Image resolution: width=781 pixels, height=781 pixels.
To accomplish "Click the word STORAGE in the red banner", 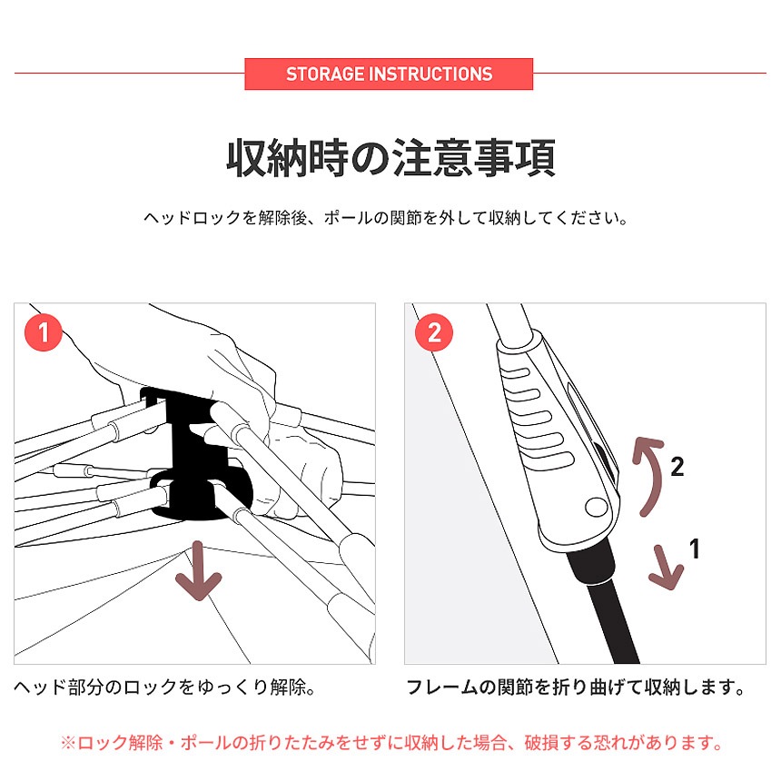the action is pos(326,74).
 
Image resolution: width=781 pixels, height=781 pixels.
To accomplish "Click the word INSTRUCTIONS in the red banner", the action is pos(430,74).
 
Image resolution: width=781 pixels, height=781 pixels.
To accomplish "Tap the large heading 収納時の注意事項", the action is pos(391,158).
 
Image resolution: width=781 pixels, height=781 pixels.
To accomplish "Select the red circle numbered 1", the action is pos(44,332).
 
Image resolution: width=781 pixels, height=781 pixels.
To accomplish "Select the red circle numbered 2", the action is pos(434,332).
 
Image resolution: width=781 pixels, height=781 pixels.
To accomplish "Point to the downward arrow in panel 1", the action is pos(198,570).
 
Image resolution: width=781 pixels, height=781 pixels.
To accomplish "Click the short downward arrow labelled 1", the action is pos(666,568).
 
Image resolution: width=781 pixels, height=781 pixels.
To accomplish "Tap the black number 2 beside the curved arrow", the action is pos(677,467).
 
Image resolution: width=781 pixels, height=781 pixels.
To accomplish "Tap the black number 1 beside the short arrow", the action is pos(696,549).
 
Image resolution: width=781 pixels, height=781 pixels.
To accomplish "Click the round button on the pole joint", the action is pos(597,507).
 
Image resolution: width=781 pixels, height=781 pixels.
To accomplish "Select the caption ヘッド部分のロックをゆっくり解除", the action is pos(164,687).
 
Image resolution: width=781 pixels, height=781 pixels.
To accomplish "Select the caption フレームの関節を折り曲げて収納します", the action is pos(575,687).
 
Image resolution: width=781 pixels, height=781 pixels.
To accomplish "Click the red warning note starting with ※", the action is pos(391,743).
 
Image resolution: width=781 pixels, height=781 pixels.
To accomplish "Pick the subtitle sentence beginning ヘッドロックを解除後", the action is pos(386,218).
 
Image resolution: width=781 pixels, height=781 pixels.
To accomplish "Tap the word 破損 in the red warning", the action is pos(541,743).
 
